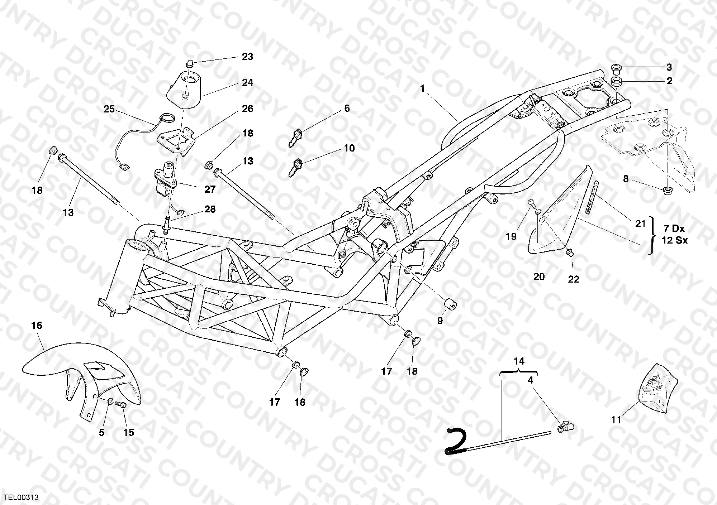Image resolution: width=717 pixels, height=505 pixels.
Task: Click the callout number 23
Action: point(247,57)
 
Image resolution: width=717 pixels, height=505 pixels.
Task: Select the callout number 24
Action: point(247,83)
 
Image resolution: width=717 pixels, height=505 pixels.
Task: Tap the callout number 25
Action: point(109,109)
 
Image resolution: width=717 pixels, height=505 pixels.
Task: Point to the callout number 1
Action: point(423,88)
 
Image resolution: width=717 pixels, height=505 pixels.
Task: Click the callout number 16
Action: point(37,325)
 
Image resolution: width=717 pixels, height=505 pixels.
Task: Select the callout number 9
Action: point(440,321)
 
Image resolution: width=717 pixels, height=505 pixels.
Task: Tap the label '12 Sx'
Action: point(675,240)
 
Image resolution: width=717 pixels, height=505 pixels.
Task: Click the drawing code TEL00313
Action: point(21,497)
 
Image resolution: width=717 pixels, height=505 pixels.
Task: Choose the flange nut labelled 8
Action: point(667,190)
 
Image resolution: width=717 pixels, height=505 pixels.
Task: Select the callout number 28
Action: point(210,209)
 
